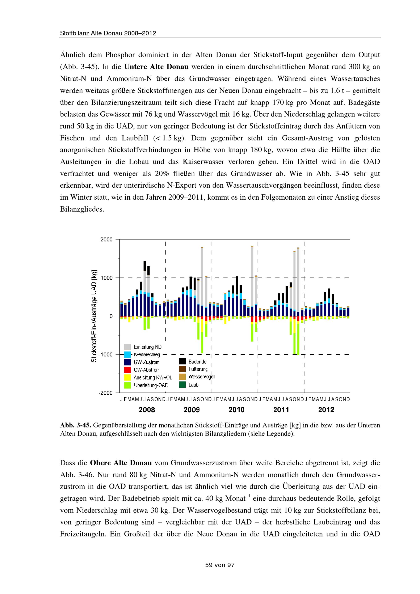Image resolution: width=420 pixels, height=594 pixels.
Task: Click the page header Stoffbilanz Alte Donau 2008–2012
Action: tap(108, 33)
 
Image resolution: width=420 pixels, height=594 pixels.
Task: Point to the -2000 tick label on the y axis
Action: tap(106, 393)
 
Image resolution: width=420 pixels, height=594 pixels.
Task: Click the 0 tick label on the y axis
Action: tap(111, 316)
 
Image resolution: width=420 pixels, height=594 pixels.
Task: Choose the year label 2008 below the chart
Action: tap(147, 410)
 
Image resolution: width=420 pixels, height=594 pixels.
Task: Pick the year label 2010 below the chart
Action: tap(236, 410)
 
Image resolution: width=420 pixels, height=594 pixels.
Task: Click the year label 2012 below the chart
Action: tap(326, 410)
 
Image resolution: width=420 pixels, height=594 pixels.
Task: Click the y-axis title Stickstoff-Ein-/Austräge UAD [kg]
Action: tap(94, 316)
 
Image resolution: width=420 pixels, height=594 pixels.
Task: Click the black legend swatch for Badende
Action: tap(182, 361)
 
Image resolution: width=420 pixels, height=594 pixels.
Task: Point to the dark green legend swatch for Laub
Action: tap(182, 385)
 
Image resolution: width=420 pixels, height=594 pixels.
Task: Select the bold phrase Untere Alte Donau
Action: tap(156, 67)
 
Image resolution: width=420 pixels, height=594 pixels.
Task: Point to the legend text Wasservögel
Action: tap(201, 377)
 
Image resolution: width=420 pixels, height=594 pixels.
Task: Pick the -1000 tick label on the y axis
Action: tap(106, 355)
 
